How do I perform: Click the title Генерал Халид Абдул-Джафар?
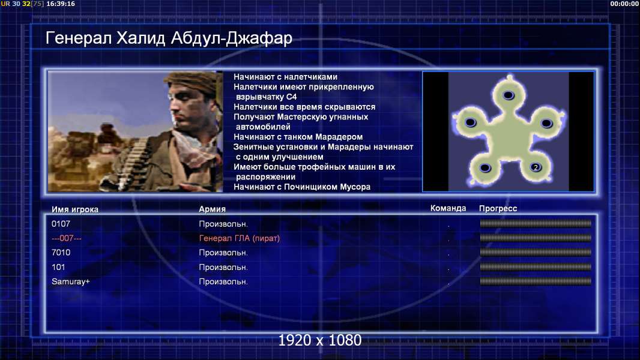169,38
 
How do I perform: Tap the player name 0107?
61,224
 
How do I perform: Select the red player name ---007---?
67,238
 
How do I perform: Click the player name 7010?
61,253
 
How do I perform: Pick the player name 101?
58,267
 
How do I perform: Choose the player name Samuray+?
71,282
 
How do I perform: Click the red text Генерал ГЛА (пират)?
239,239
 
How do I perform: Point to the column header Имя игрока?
74,209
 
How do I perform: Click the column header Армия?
213,209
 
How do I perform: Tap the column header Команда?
448,208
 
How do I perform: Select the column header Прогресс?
498,209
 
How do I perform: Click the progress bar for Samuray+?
536,281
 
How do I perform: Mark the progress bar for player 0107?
536,223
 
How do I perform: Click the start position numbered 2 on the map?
536,167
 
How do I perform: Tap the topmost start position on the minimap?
508,95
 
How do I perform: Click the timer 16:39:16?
61,4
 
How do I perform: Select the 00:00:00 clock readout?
624,4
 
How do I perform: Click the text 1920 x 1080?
320,340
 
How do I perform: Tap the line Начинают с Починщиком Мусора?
302,187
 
